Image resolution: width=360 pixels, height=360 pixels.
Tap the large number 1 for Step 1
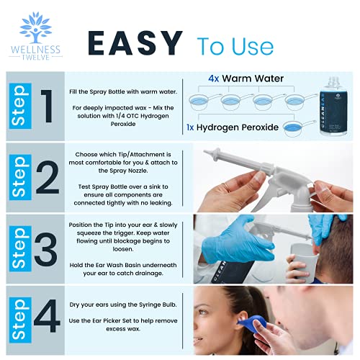coord(46,104)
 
